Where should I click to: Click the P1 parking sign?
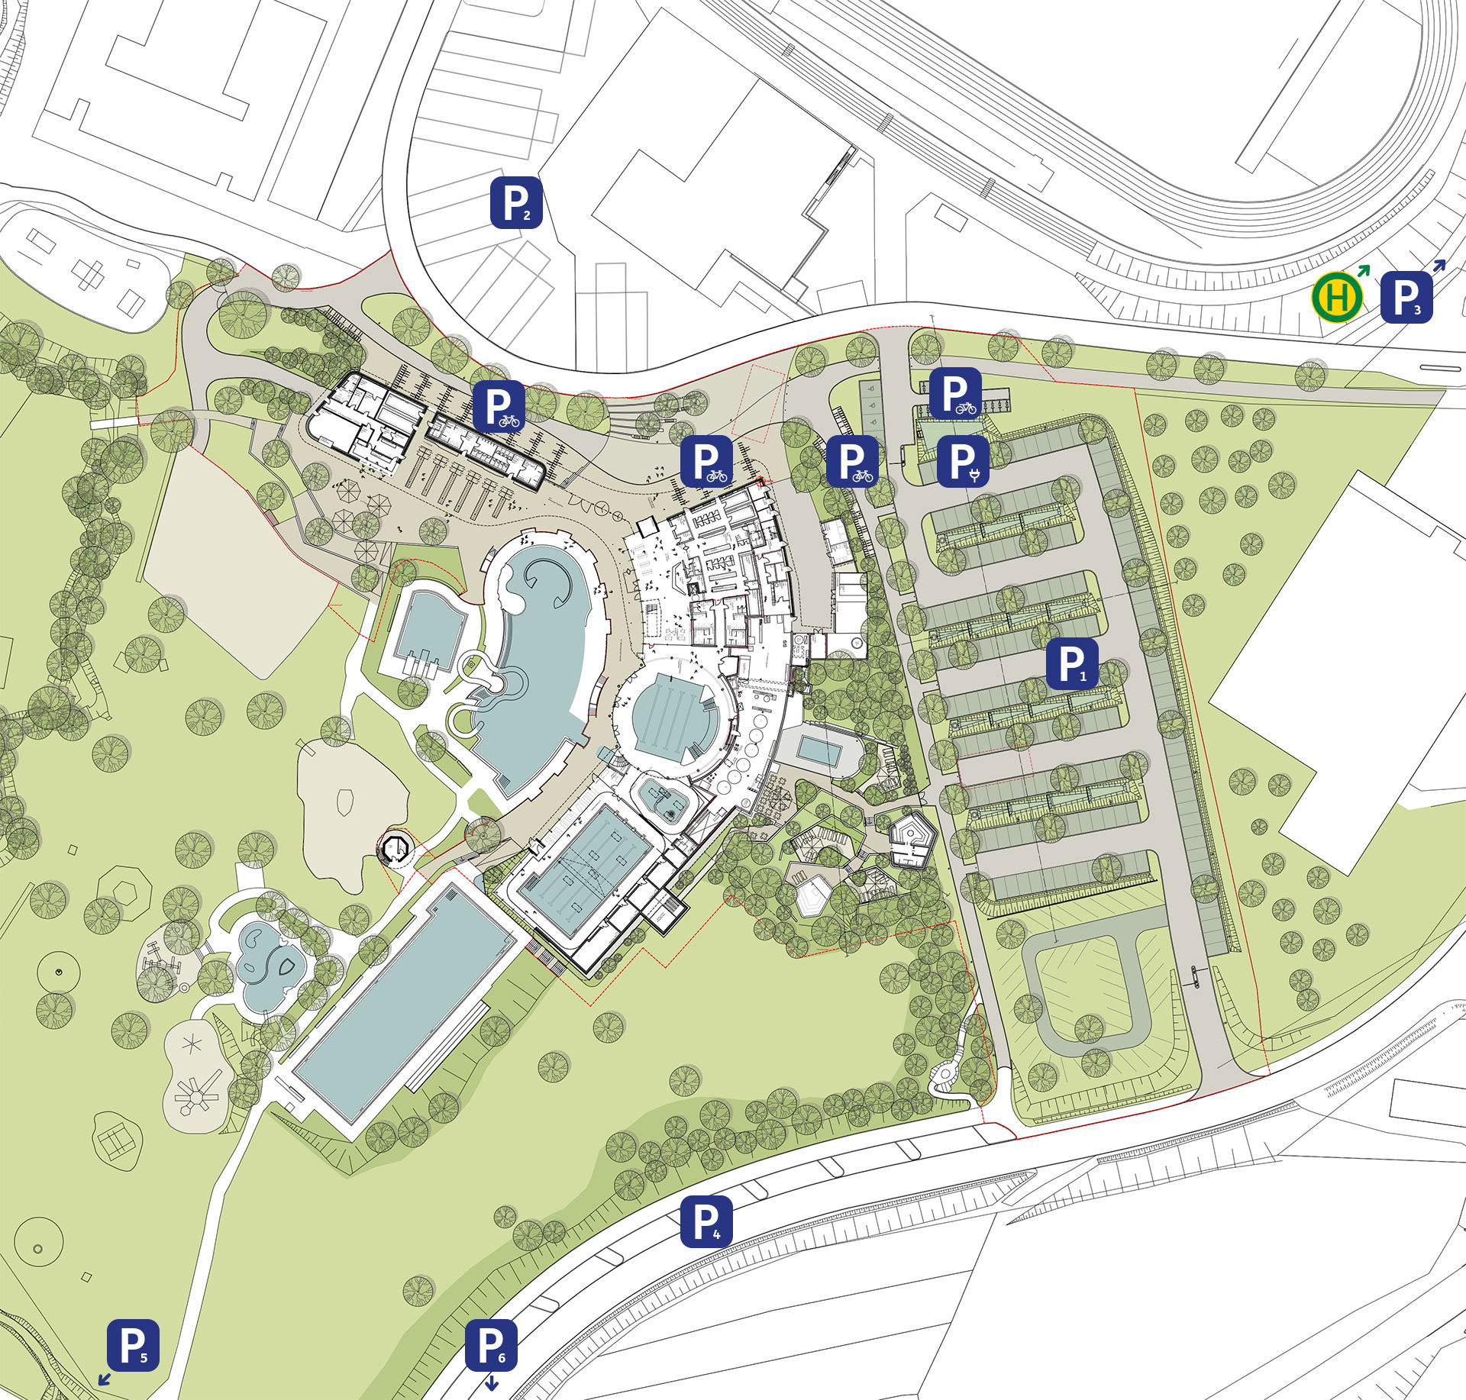point(1072,664)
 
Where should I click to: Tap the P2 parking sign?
point(516,202)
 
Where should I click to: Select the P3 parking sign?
point(1406,297)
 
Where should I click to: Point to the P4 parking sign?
point(706,1222)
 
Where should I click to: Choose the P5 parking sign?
point(133,1345)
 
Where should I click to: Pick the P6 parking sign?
point(491,1345)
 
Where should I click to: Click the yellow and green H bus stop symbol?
point(1337,298)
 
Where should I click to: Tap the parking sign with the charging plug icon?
point(963,461)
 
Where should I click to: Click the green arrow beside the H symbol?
point(1363,270)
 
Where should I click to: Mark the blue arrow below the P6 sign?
point(492,1382)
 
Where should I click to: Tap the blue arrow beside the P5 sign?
point(104,1379)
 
